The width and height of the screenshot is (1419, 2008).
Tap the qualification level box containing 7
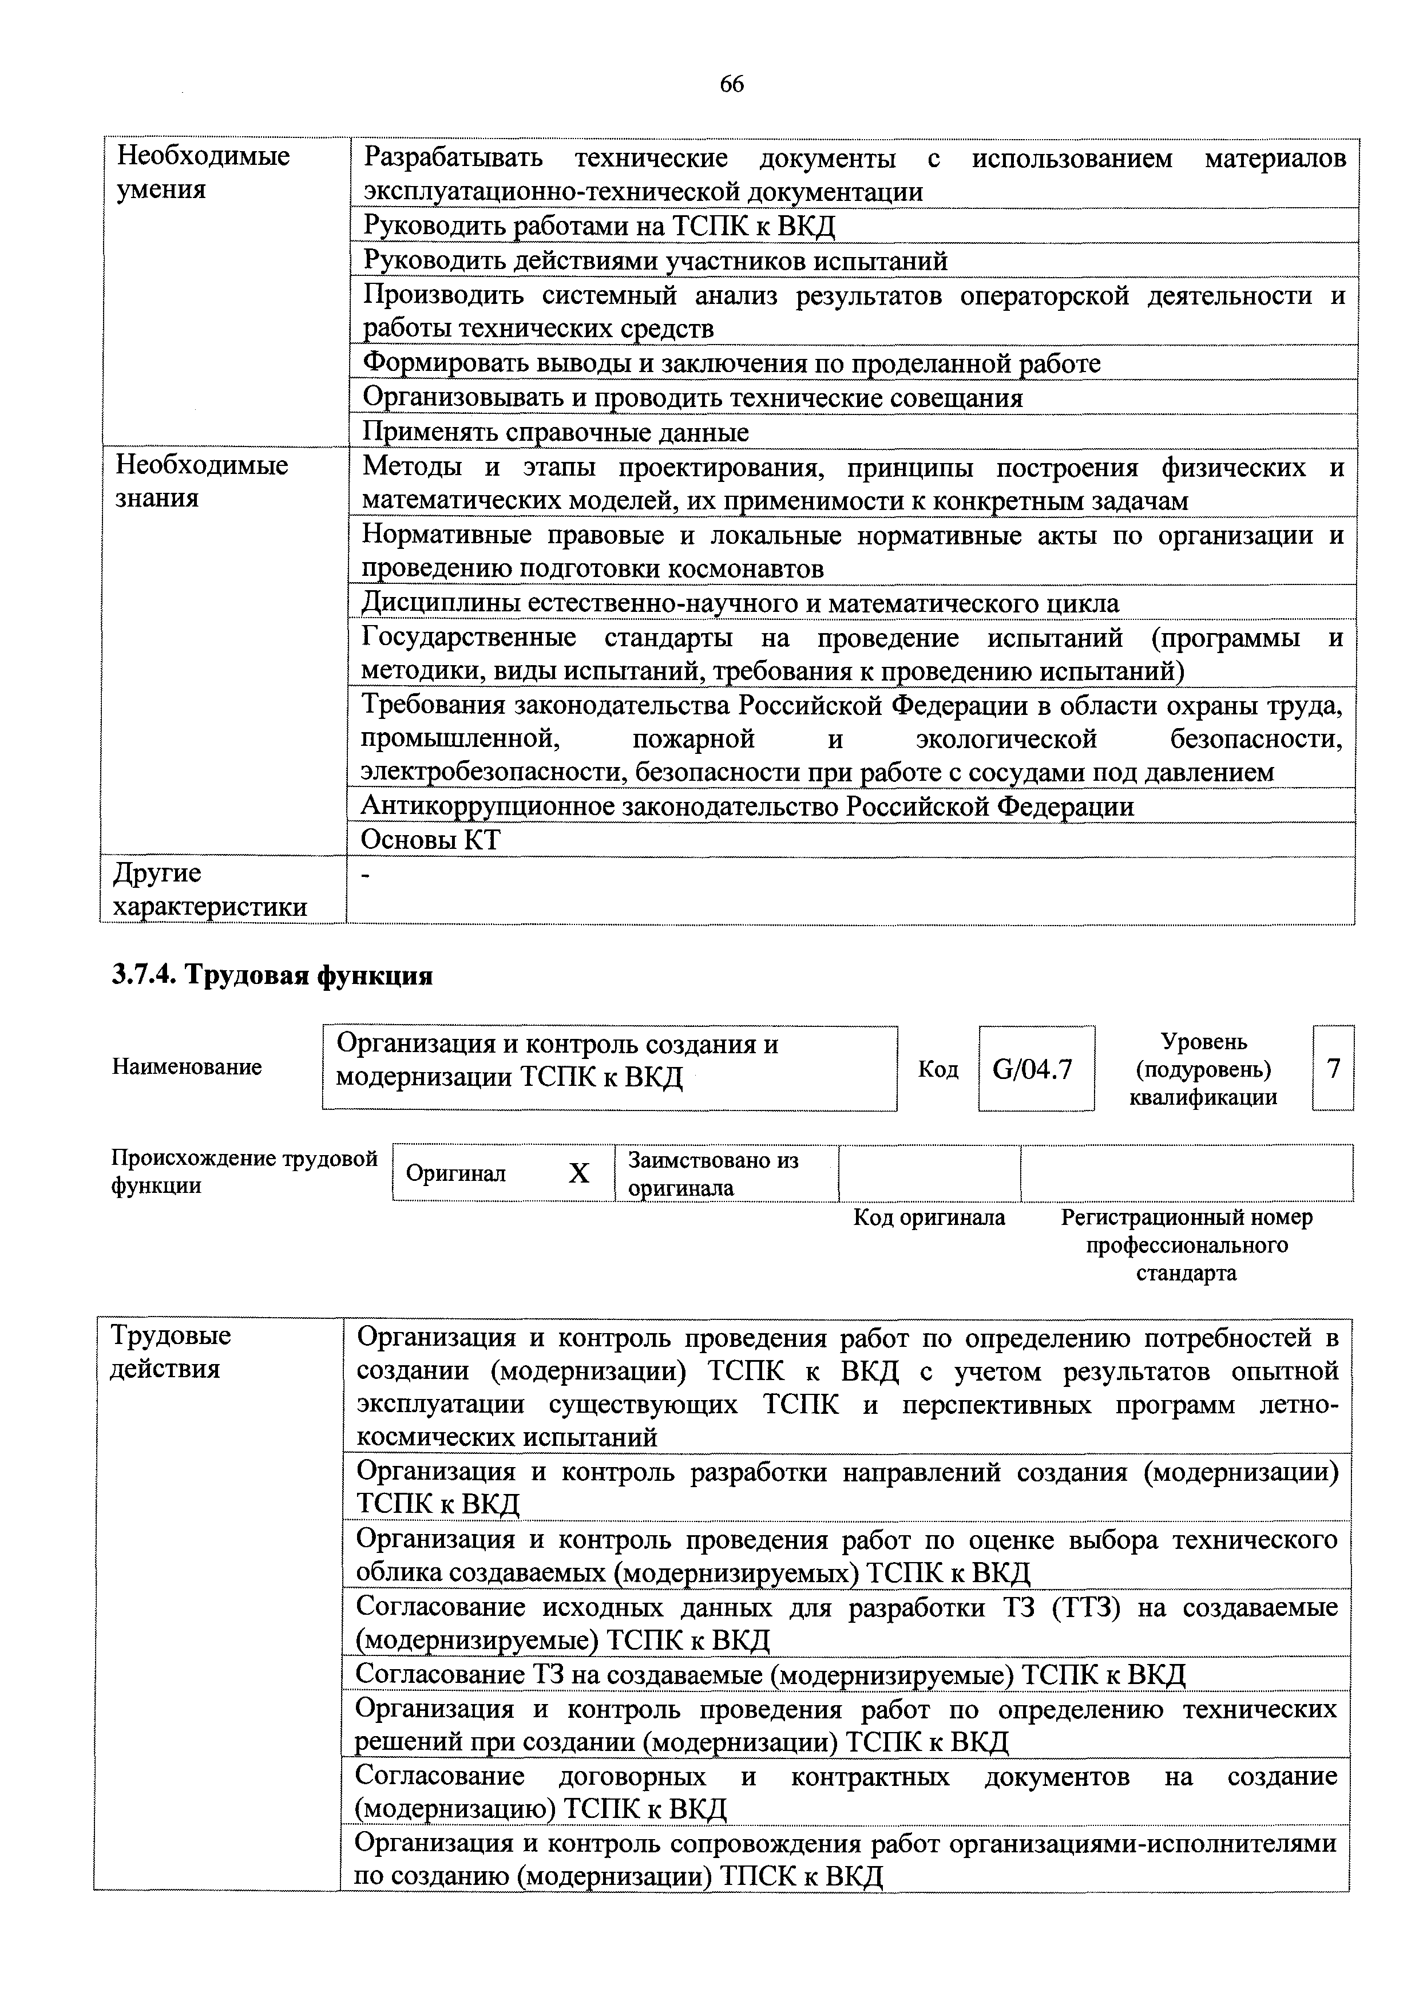coord(1333,1068)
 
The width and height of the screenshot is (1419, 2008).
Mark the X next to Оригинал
coord(579,1173)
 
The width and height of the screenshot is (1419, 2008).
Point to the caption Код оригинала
coord(929,1218)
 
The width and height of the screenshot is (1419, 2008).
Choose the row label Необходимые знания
coord(201,481)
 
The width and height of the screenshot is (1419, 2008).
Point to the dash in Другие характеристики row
coord(367,875)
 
